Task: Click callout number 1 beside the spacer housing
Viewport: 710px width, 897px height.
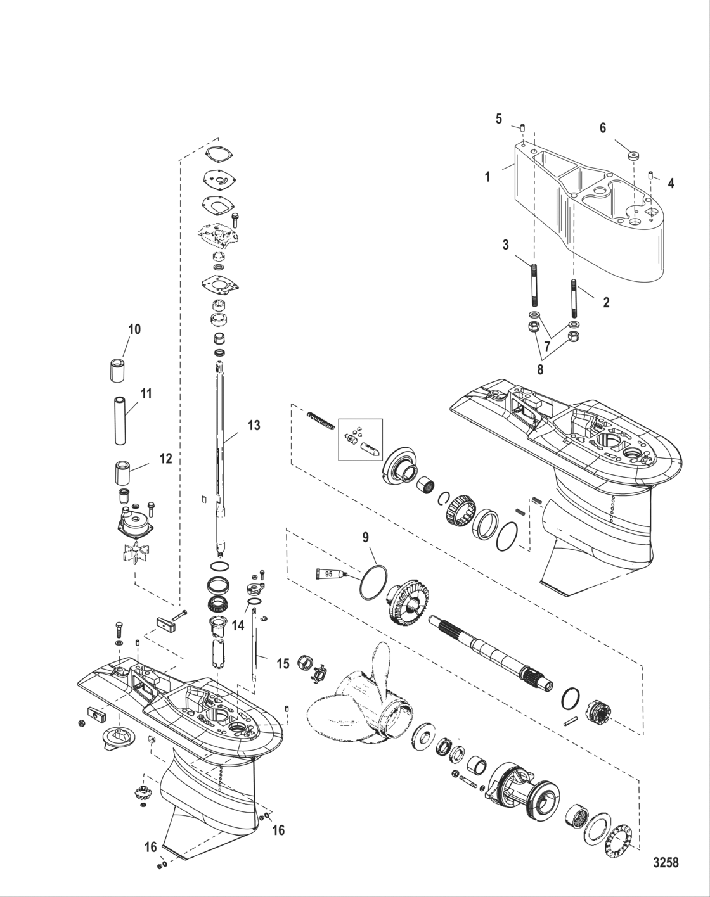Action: [487, 177]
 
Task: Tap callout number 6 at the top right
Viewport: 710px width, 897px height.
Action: [602, 128]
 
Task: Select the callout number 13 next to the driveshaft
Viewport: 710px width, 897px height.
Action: [254, 426]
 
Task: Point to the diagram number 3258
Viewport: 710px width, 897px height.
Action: [666, 862]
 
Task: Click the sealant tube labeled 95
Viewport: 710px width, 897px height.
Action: [330, 574]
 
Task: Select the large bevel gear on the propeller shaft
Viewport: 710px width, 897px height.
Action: [409, 599]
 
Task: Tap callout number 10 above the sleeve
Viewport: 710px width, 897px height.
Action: [134, 329]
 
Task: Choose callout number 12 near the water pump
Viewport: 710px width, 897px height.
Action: [165, 458]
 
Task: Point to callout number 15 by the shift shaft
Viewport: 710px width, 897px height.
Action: [283, 663]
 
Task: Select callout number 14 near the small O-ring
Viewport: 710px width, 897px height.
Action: [238, 625]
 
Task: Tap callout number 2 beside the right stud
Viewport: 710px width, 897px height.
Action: [606, 303]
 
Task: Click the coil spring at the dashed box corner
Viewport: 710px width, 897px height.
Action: [319, 420]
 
